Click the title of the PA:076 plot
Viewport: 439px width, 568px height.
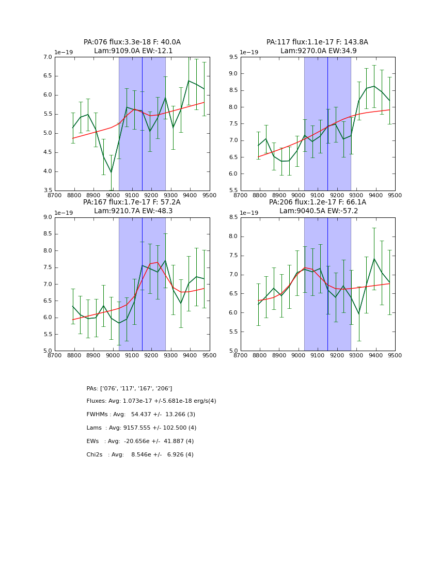tap(132, 46)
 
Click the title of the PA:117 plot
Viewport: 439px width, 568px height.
tap(318, 46)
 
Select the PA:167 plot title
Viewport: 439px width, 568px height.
tap(132, 207)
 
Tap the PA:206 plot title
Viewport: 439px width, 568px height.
tap(318, 207)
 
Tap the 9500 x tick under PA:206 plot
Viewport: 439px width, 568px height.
tap(395, 356)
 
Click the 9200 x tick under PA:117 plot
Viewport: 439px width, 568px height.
tap(337, 196)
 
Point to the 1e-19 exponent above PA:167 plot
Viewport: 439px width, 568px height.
tap(64, 213)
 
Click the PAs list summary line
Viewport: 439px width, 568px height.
tap(129, 388)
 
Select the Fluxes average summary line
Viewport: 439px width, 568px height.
tap(151, 401)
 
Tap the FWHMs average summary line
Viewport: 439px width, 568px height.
tap(140, 415)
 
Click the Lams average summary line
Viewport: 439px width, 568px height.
tap(142, 428)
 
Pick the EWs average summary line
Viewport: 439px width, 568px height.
tap(140, 441)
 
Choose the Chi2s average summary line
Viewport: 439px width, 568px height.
tap(140, 455)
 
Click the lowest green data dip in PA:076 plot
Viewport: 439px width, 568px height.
tap(111, 172)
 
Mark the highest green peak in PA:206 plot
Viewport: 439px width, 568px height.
tap(374, 259)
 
